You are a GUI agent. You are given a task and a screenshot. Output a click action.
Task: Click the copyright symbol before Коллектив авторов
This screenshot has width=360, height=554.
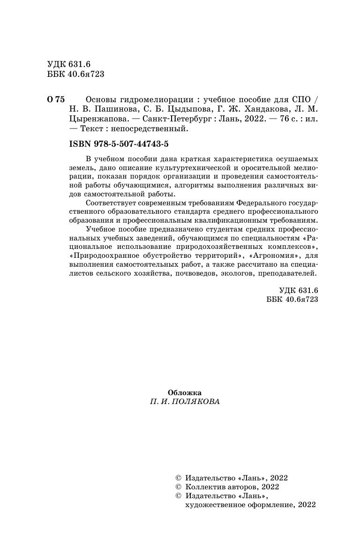pyautogui.click(x=178, y=487)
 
